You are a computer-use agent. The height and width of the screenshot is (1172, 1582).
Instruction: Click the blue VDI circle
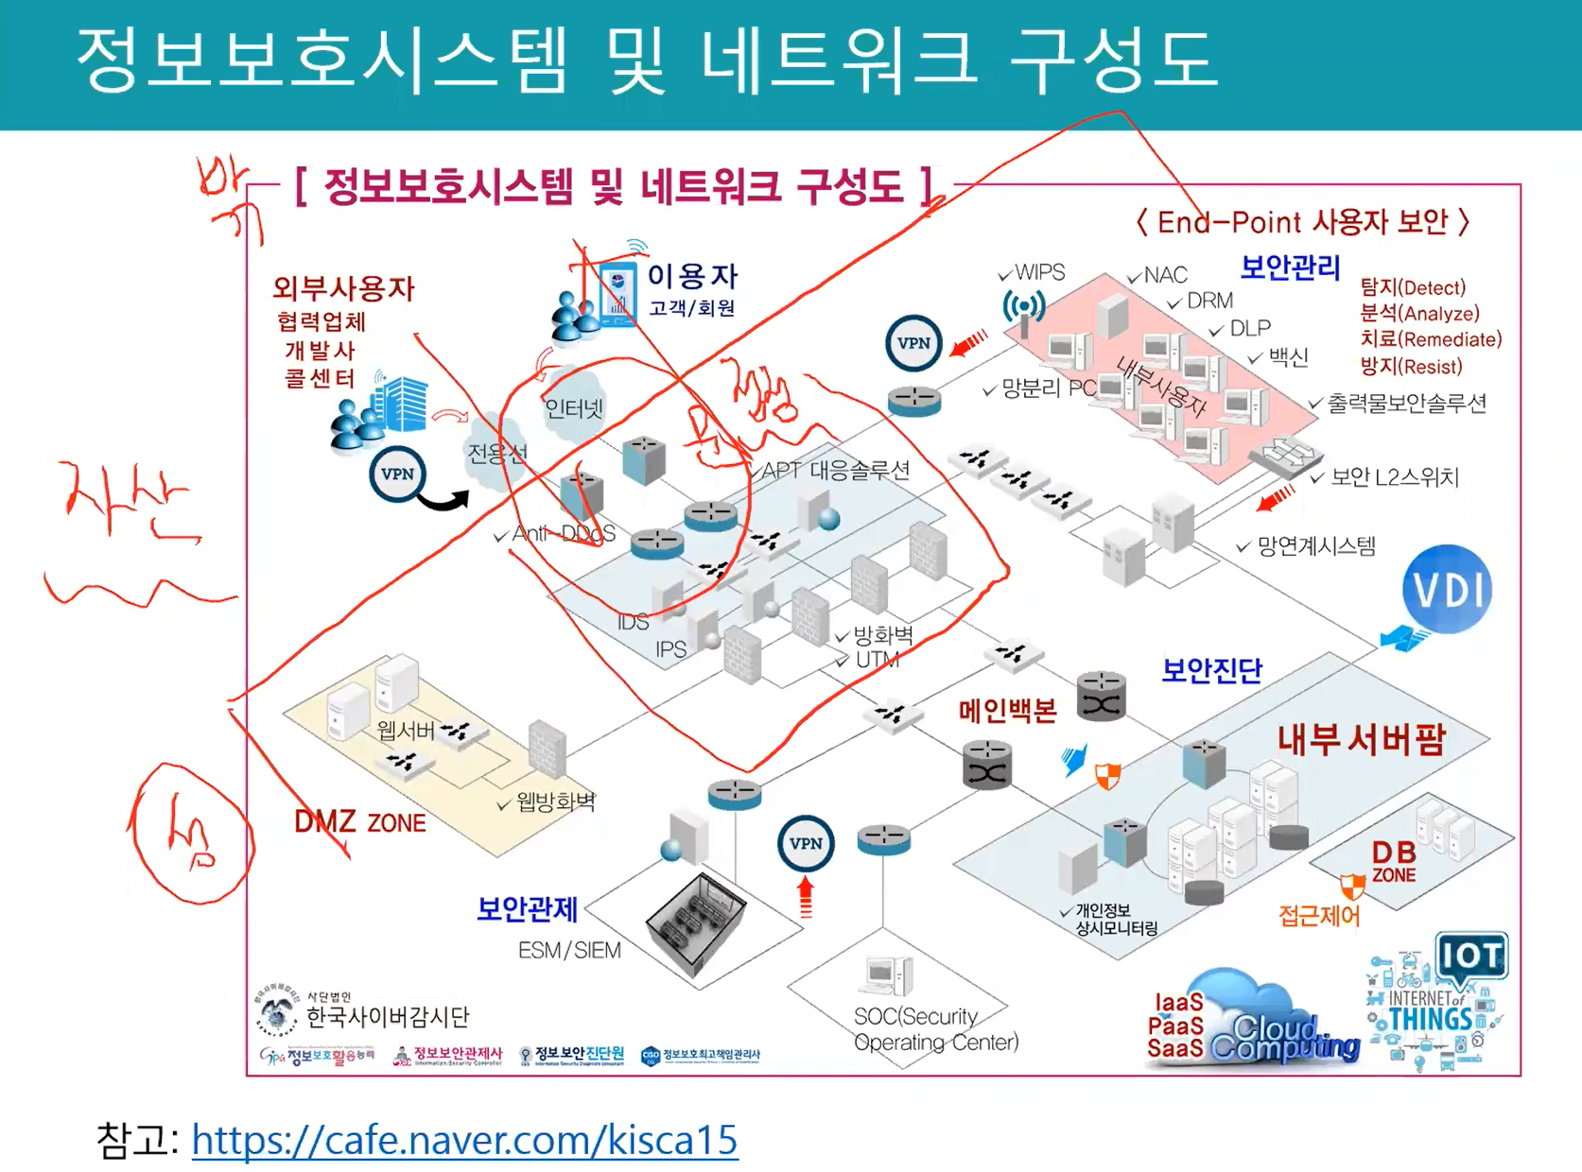pyautogui.click(x=1447, y=590)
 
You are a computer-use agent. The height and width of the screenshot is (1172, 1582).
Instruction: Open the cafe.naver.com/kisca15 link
pyautogui.click(x=464, y=1139)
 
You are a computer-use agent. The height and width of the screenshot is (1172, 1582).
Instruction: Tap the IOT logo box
pyautogui.click(x=1471, y=957)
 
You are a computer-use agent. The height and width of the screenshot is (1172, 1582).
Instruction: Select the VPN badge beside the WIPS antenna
pyautogui.click(x=913, y=343)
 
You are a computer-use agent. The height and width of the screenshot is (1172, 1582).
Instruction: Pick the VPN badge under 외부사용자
pyautogui.click(x=397, y=474)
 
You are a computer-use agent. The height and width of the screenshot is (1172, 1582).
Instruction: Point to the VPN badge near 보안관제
pyautogui.click(x=806, y=843)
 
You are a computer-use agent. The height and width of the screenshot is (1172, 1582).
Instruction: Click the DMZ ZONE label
pyautogui.click(x=360, y=821)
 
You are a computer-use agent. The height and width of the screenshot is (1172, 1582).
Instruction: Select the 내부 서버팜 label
pyautogui.click(x=1361, y=739)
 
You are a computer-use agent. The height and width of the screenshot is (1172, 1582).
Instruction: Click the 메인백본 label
pyautogui.click(x=1007, y=711)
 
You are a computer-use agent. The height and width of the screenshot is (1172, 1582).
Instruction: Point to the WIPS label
pyautogui.click(x=1039, y=272)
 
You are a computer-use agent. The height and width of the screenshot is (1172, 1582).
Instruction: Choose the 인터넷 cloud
pyautogui.click(x=573, y=408)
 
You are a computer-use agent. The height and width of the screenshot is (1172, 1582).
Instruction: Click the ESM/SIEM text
pyautogui.click(x=569, y=950)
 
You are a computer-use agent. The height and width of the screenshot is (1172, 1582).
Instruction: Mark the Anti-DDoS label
pyautogui.click(x=564, y=534)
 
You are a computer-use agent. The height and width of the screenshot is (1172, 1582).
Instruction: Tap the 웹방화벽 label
pyautogui.click(x=555, y=802)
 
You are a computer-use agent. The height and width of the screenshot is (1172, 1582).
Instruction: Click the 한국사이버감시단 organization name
pyautogui.click(x=388, y=1017)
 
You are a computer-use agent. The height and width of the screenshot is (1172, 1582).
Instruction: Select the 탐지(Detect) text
pyautogui.click(x=1413, y=287)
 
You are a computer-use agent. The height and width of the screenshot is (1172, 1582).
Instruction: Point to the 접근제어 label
pyautogui.click(x=1319, y=915)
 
